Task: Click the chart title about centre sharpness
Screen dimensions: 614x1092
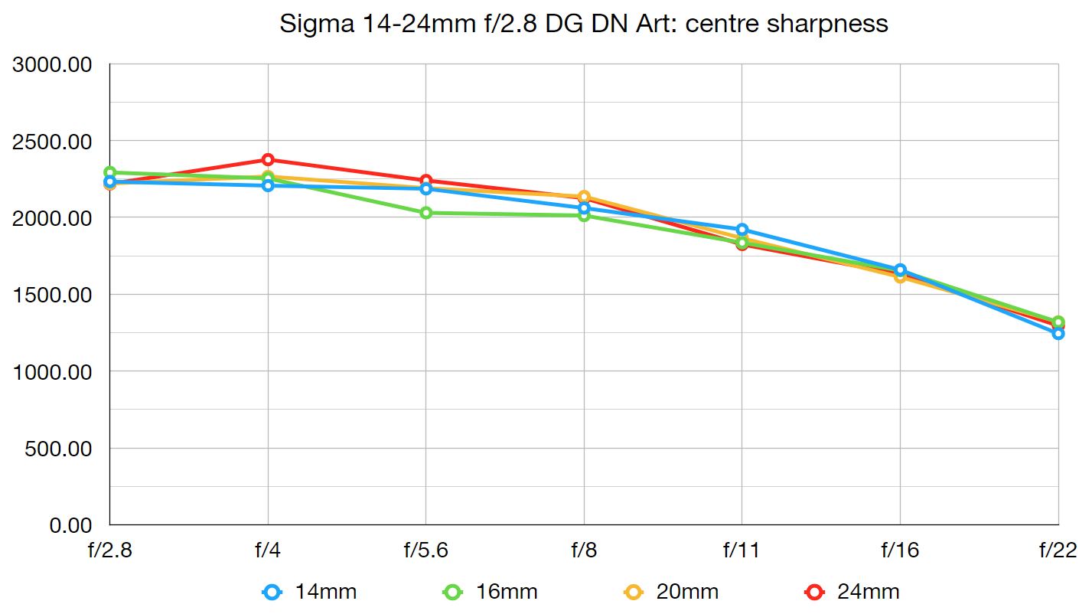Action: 583,24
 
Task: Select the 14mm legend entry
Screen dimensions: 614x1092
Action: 310,592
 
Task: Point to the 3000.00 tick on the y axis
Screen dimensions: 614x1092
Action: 52,65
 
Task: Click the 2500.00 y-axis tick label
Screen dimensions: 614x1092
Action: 52,142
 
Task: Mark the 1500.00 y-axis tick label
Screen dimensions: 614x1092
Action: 52,296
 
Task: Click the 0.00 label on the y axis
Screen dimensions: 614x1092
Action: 70,526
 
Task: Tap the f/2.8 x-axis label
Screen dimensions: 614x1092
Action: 109,550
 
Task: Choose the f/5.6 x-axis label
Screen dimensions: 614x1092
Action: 425,550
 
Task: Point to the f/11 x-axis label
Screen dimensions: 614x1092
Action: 742,550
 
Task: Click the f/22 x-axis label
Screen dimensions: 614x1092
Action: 1058,550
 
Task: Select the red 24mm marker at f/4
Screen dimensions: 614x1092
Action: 268,160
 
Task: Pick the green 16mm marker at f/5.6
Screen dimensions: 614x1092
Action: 426,213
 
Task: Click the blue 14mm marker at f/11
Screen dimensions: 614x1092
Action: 742,230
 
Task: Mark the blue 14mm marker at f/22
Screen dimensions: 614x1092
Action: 1058,333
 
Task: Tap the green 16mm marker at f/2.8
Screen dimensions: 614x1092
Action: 110,173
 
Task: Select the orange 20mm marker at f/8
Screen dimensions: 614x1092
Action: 584,197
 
